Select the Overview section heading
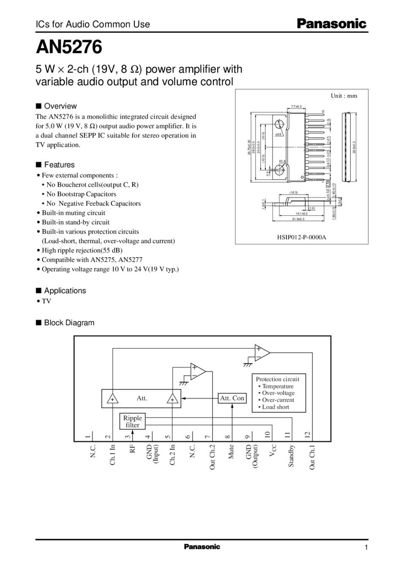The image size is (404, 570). point(60,106)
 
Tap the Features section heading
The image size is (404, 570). point(59,165)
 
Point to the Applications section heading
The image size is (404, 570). point(65,290)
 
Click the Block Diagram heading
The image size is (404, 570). point(69,323)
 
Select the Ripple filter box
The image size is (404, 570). point(132,421)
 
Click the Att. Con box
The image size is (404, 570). point(232,398)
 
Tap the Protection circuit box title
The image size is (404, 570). point(277,379)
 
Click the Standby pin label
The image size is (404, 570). point(291,456)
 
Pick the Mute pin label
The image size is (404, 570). point(231,452)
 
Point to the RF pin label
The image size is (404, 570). point(132,449)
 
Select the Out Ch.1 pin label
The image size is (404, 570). point(312,457)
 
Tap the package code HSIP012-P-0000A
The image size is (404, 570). point(302,237)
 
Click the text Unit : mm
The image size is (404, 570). point(344,96)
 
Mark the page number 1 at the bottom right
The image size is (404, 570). point(366,548)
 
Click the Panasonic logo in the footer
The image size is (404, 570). point(202,547)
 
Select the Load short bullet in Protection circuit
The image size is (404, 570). point(275,407)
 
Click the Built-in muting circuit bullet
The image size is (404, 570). point(73,213)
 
